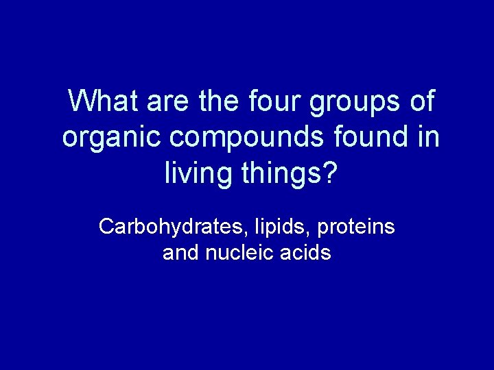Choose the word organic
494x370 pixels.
tap(112, 138)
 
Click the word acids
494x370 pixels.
tap(306, 253)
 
